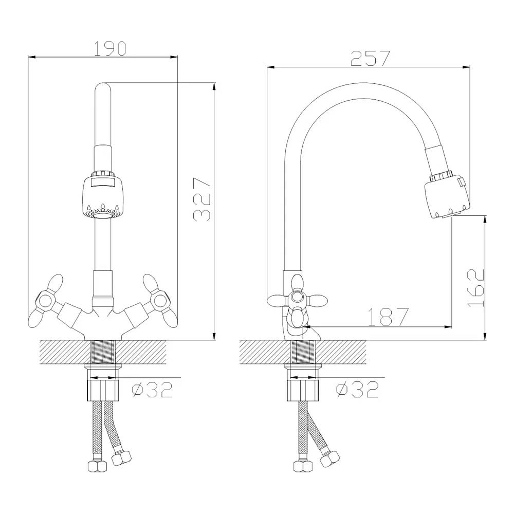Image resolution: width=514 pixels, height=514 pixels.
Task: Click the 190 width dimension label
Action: [x=110, y=48]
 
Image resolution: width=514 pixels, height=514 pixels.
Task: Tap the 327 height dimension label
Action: [x=201, y=199]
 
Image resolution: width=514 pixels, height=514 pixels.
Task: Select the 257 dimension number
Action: [x=371, y=59]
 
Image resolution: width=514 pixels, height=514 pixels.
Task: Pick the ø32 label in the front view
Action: [x=152, y=390]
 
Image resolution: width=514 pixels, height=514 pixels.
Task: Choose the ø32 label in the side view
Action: [x=357, y=390]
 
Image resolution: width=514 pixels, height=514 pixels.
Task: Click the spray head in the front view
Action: [x=102, y=195]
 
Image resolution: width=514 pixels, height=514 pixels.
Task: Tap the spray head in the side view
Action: [x=447, y=195]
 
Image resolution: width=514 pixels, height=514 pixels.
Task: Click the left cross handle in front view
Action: [x=45, y=300]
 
